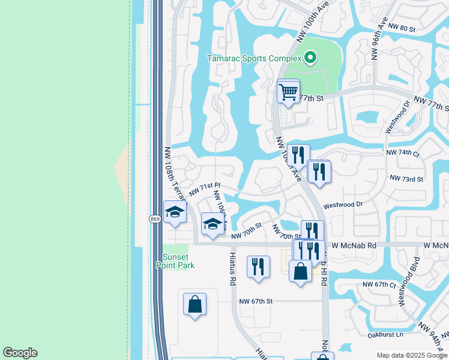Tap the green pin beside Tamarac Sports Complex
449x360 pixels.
tap(310, 58)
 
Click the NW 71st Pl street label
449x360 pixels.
tap(205, 189)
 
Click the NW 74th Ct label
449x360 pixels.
tap(402, 153)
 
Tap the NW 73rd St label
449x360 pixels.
tap(406, 179)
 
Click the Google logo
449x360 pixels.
tap(20, 353)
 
